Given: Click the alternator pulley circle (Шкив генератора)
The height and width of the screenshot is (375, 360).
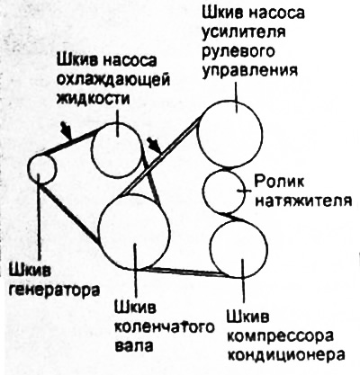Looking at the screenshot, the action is click(x=28, y=168).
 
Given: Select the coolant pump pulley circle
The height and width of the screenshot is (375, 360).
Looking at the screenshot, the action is click(x=92, y=150).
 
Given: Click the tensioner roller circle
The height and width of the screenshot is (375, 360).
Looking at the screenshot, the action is click(x=203, y=191).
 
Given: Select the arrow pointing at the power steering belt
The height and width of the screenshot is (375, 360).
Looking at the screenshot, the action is click(x=154, y=145).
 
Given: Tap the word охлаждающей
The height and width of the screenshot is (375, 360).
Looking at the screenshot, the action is click(x=113, y=80).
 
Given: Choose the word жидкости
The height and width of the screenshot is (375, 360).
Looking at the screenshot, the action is click(x=94, y=98).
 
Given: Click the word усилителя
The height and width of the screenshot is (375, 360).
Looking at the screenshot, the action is click(x=244, y=31).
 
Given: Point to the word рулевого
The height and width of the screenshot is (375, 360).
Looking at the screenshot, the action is click(x=238, y=51).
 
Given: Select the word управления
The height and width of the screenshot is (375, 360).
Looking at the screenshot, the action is click(x=249, y=69).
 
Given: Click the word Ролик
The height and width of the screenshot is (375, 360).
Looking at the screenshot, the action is click(x=279, y=182).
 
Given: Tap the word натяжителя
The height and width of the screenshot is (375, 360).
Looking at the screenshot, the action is click(x=303, y=200).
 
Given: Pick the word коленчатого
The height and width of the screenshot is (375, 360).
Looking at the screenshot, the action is click(x=165, y=327).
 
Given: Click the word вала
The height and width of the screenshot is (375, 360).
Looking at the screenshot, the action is click(x=134, y=345).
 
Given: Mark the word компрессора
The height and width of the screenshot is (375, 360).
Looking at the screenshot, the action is click(x=280, y=336).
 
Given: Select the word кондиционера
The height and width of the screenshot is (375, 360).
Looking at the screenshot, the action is click(x=285, y=354).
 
